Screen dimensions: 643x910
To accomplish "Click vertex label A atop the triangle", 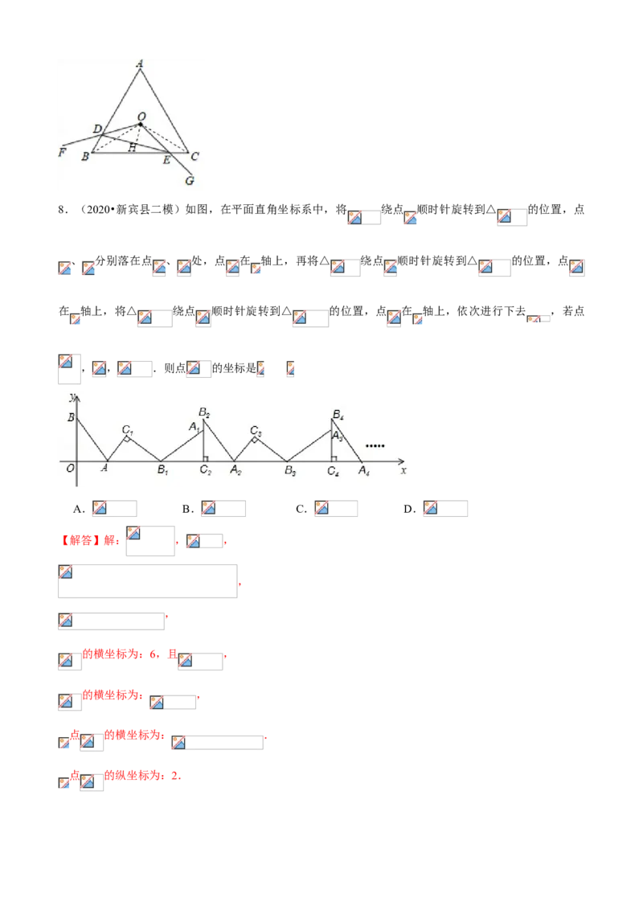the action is click(140, 64).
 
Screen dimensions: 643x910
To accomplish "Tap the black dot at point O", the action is click(141, 124).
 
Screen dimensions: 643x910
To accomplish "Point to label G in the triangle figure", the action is click(189, 181).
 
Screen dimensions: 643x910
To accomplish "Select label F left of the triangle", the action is click(62, 153).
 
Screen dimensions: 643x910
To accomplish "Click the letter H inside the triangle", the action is click(133, 147).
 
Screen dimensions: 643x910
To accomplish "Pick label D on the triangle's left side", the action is click(97, 129).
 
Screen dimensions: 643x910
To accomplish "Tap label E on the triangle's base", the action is click(166, 160).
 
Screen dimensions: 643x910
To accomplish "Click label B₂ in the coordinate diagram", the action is click(204, 412).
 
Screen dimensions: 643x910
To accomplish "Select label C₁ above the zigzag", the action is click(127, 429).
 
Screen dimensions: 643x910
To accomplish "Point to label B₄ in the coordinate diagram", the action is click(338, 414).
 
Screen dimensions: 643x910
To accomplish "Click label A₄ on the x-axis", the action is click(364, 470).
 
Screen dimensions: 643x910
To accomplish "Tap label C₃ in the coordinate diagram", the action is click(256, 430).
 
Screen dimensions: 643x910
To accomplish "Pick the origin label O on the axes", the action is click(70, 469).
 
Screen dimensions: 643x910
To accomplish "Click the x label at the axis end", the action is click(403, 470).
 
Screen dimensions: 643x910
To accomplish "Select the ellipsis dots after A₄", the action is click(375, 445).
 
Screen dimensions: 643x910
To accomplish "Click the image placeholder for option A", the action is click(114, 508).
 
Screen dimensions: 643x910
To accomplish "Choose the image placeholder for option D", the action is click(445, 508).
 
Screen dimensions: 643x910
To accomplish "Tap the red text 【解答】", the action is click(80, 540).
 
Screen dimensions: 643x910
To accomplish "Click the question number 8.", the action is click(61, 210).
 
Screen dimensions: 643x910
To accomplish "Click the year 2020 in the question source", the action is click(99, 210).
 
